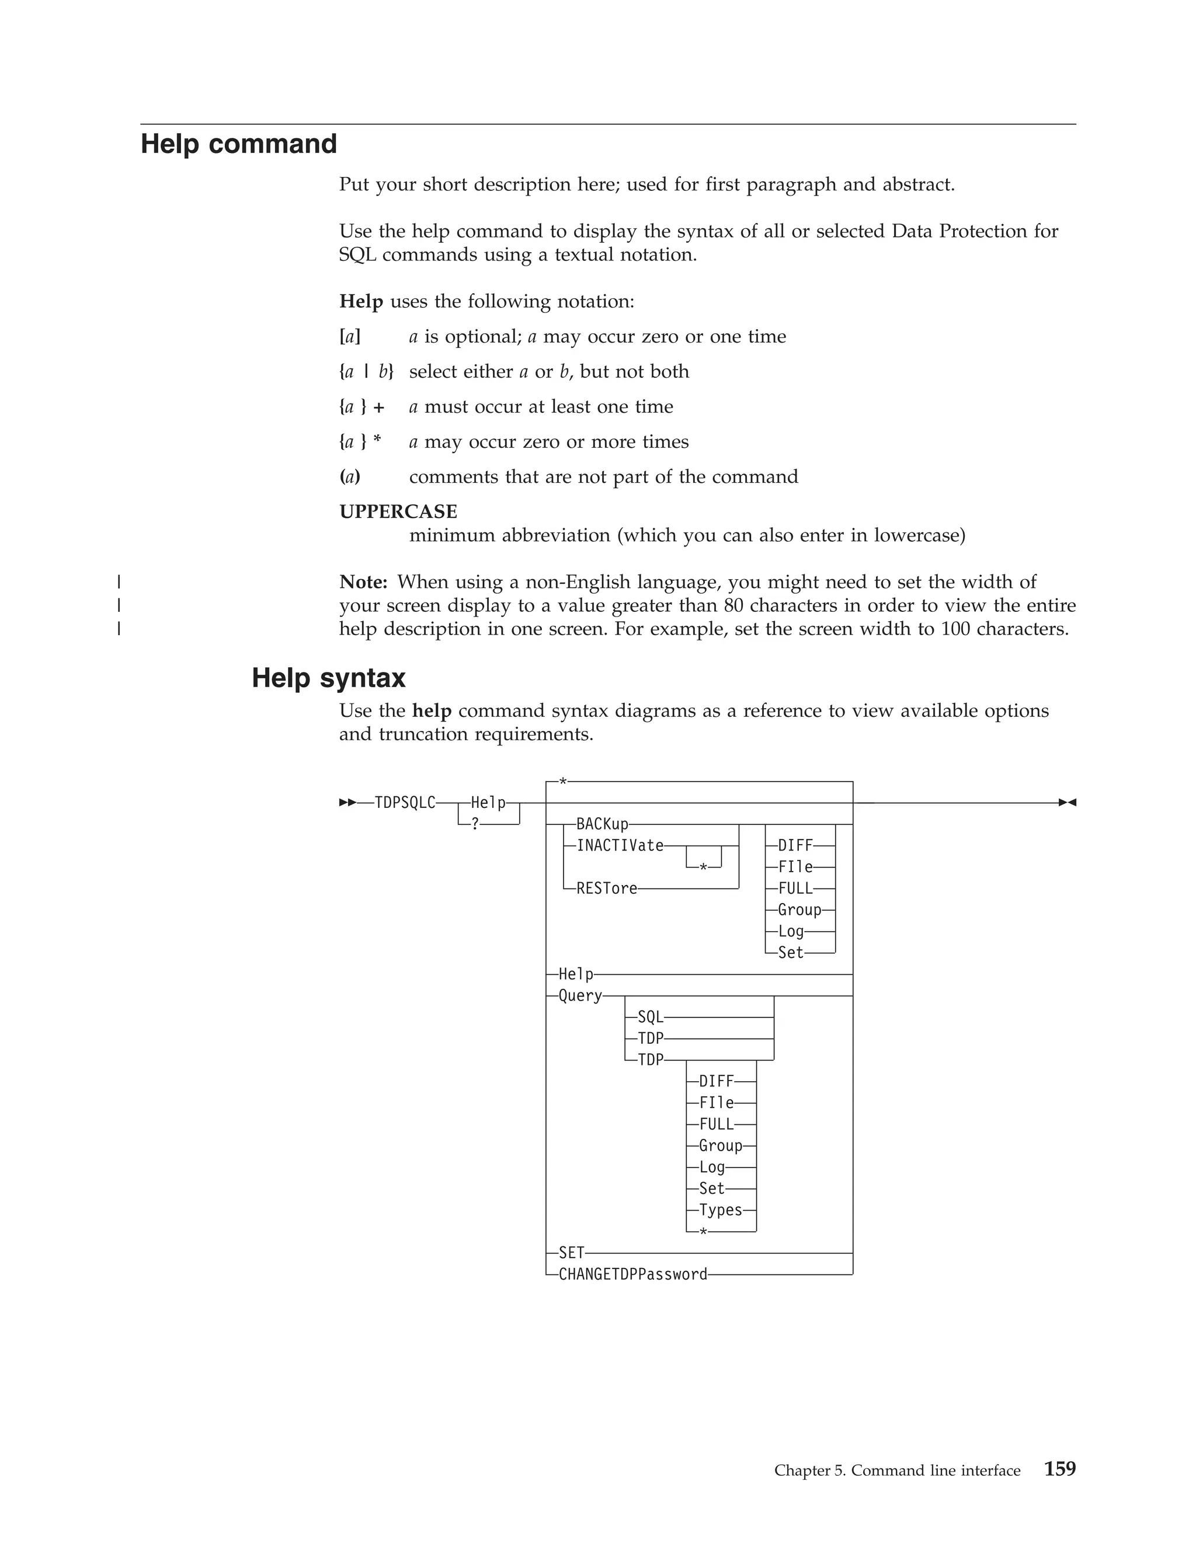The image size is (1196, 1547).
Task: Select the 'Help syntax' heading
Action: coord(328,678)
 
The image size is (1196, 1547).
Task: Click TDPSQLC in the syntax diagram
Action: coord(405,803)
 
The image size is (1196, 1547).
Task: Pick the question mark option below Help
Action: coord(475,824)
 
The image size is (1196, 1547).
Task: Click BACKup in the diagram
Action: coord(602,824)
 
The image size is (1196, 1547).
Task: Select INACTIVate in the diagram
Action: coord(620,846)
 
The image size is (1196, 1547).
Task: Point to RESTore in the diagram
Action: coord(607,889)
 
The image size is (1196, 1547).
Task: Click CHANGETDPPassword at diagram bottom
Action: coord(632,1274)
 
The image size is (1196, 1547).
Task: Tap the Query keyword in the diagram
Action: coord(579,995)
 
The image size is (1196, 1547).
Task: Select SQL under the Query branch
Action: coord(650,1017)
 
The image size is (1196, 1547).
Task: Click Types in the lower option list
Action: coord(720,1210)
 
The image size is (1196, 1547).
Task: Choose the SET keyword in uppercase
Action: coord(571,1253)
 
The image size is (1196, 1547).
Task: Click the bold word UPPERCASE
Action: coord(398,511)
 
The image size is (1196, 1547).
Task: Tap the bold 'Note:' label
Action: coord(363,582)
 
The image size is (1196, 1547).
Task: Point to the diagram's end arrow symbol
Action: coord(1067,803)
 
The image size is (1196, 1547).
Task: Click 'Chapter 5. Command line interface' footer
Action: coord(897,1471)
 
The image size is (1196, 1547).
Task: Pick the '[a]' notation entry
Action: coord(349,336)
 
